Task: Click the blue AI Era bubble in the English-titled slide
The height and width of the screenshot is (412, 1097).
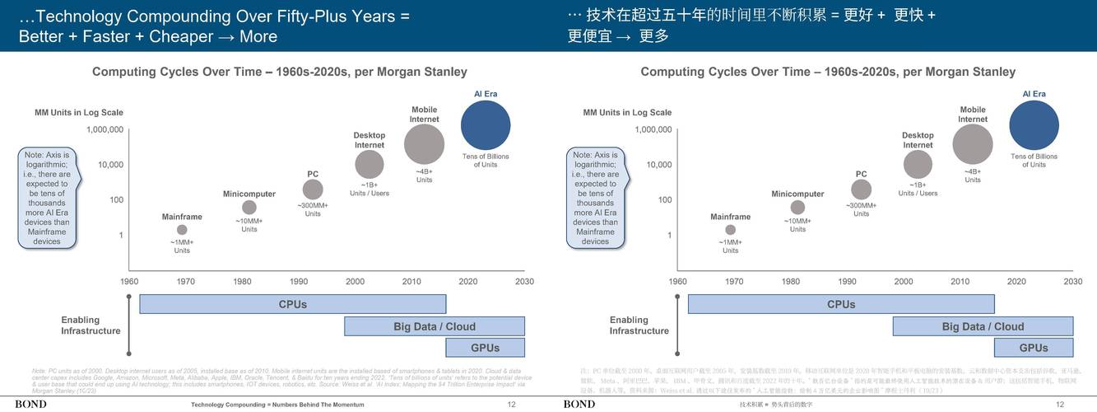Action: click(491, 125)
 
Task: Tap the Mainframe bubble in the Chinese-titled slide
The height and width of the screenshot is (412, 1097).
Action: click(731, 230)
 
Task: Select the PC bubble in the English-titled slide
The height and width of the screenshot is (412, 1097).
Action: click(313, 190)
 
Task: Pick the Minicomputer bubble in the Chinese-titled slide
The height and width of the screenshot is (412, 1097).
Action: click(797, 208)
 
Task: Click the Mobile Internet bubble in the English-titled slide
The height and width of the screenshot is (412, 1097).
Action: click(425, 144)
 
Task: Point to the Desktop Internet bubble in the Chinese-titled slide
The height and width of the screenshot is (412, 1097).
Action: click(918, 165)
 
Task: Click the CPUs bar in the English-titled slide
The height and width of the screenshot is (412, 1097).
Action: click(292, 304)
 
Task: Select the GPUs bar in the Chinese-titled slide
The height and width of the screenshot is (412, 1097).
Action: click(1033, 348)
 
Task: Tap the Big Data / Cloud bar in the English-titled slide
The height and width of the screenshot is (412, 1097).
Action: click(435, 326)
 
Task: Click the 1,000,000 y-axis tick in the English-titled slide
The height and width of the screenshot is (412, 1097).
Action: click(105, 129)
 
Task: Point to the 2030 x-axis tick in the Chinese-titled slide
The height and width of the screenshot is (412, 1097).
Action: click(1072, 282)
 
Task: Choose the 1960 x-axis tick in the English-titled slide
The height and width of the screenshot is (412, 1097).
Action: click(129, 282)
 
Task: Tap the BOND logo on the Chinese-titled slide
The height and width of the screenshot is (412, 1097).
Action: click(579, 404)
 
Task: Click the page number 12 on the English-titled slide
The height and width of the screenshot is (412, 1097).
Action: click(511, 405)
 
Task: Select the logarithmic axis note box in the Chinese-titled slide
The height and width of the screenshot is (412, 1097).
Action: click(595, 198)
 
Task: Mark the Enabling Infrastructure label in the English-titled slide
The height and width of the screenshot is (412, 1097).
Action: click(91, 325)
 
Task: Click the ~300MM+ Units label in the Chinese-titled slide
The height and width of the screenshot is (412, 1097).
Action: click(861, 209)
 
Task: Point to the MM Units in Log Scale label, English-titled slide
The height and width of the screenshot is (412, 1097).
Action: click(79, 113)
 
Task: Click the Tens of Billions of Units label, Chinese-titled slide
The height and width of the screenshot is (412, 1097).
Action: click(1034, 160)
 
